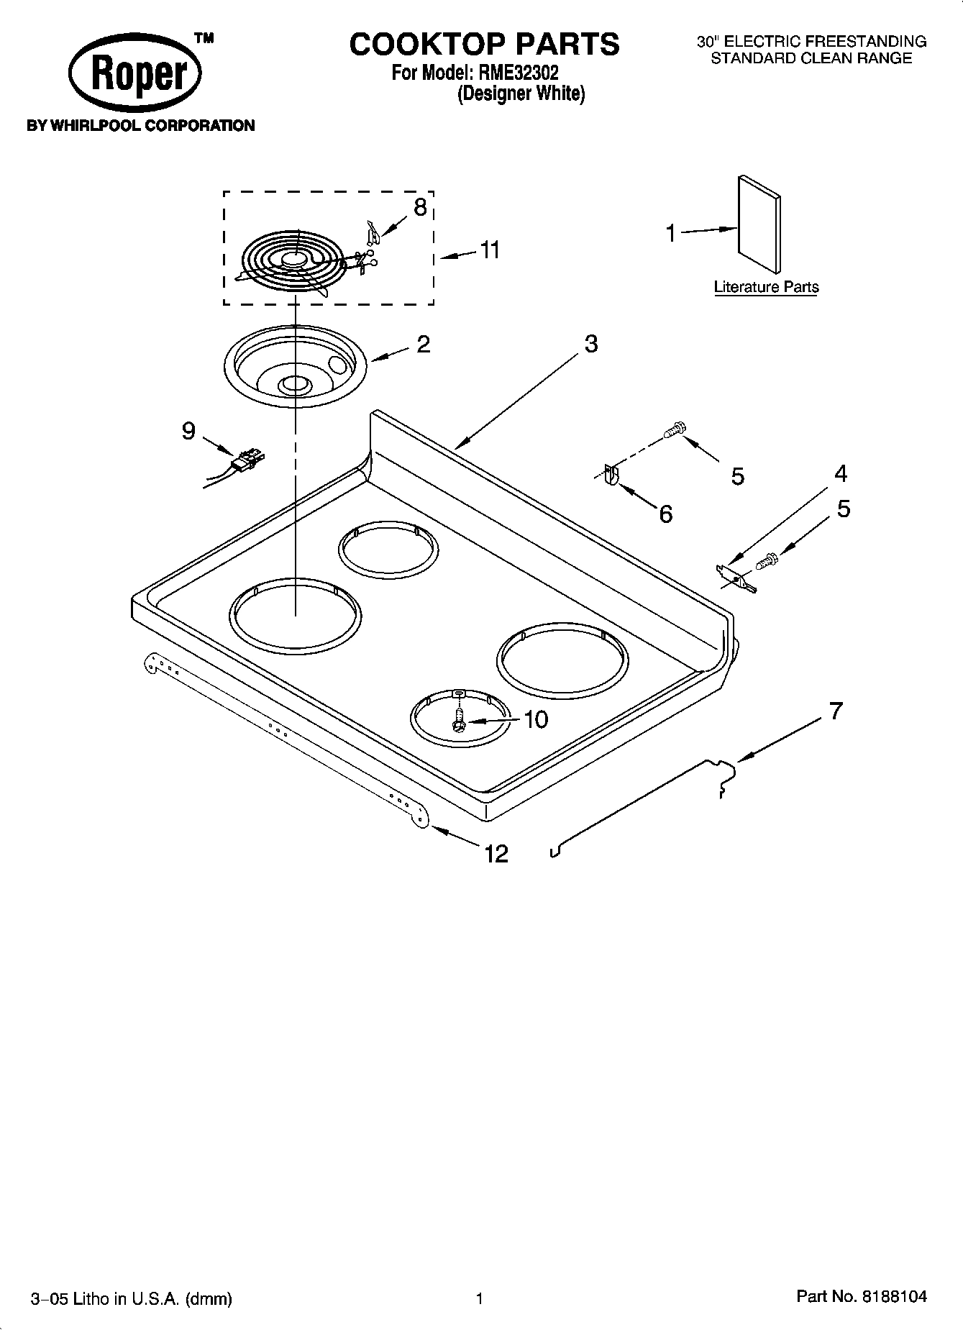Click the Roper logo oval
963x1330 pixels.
pos(134,74)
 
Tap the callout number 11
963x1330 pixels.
pos(489,250)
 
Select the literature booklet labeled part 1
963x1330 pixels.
pos(759,224)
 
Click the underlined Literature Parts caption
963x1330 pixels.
pos(765,287)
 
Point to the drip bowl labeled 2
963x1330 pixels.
pos(297,369)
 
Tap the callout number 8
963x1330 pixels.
pos(420,207)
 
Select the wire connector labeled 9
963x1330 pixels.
pos(248,458)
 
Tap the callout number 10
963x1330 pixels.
pos(536,719)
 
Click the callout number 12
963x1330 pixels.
pos(496,854)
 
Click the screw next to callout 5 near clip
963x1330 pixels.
pos(673,430)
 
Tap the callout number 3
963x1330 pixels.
pos(590,344)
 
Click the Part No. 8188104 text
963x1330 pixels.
pos(861,1297)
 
